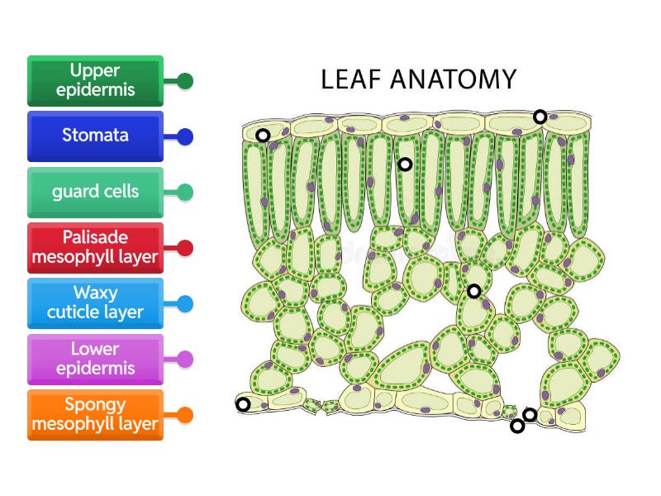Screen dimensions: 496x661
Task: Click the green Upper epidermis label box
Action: coord(95,81)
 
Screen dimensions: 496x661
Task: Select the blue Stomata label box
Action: coord(95,136)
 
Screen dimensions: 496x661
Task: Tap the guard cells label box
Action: coord(95,193)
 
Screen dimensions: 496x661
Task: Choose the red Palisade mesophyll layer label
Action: coord(95,248)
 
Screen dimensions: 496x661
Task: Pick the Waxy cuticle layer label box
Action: coord(95,303)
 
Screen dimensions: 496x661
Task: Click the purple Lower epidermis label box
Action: coord(95,360)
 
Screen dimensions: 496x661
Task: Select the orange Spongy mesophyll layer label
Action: coord(95,415)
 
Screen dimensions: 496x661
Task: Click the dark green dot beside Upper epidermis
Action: coord(186,81)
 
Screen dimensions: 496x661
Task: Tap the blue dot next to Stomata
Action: coord(186,137)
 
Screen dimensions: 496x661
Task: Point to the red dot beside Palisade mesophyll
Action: coord(186,248)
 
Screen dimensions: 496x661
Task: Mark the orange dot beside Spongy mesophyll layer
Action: coord(186,415)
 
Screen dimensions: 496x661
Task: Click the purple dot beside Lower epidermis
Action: coord(186,360)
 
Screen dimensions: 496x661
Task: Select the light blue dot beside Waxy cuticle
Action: coord(186,304)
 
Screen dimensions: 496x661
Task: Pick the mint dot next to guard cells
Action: coord(186,193)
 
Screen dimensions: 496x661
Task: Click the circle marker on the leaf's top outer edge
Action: coord(540,117)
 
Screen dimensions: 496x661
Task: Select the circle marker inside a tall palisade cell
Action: coord(405,165)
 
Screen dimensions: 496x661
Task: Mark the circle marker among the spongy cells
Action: coord(473,291)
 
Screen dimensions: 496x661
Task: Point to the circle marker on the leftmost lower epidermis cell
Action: coord(243,404)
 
